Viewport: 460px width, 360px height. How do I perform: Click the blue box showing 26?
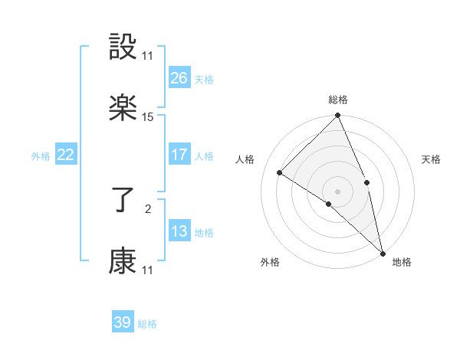point(179,78)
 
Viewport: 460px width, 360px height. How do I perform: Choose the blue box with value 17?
point(179,155)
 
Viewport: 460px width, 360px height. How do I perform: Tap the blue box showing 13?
point(179,231)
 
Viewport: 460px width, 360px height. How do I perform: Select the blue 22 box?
point(65,155)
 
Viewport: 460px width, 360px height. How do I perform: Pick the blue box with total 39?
point(122,322)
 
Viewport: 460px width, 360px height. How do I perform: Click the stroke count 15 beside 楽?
point(148,117)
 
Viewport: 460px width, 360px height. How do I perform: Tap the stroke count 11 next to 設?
point(148,56)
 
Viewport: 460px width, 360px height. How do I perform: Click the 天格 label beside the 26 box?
point(204,80)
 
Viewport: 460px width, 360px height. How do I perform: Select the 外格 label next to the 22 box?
point(41,156)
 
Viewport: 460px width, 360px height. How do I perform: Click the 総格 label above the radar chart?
point(338,100)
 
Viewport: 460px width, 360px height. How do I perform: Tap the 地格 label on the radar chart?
point(402,262)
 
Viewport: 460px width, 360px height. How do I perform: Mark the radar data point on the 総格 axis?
point(338,116)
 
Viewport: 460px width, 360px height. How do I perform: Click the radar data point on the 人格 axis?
point(280,173)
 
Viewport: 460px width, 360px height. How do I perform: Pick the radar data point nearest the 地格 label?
point(383,252)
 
